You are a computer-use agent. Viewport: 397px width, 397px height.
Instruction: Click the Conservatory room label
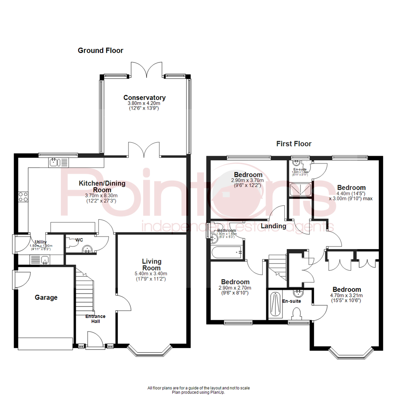(x=144, y=98)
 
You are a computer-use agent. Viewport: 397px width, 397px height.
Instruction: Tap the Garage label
(x=46, y=297)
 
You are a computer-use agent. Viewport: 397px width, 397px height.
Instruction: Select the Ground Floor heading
(x=100, y=50)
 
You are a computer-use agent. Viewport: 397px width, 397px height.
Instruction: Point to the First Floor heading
(x=294, y=144)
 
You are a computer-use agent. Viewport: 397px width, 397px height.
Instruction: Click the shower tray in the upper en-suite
(x=300, y=190)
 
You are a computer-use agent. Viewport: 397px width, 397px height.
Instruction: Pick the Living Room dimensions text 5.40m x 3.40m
(x=152, y=273)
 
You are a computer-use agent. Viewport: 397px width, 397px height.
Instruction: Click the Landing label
(x=273, y=226)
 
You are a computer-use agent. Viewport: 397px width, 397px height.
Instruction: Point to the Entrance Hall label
(x=96, y=319)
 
